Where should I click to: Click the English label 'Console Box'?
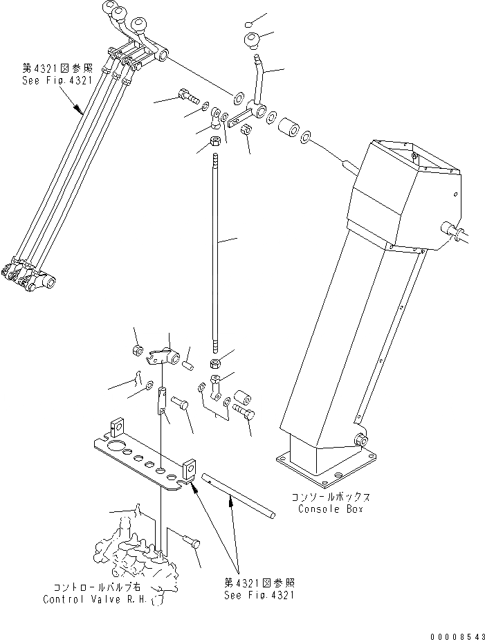[330, 509]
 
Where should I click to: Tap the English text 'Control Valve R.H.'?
[94, 599]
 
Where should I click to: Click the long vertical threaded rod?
[217, 256]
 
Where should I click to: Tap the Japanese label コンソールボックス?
[329, 497]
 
